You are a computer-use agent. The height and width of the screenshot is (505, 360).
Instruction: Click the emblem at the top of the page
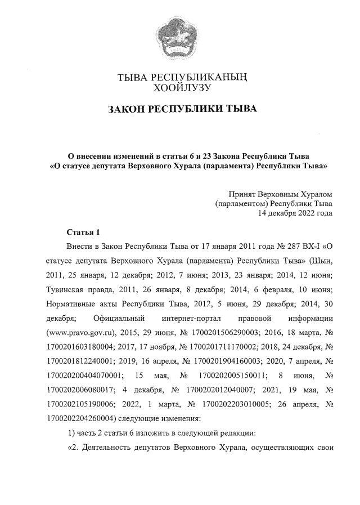click(179, 37)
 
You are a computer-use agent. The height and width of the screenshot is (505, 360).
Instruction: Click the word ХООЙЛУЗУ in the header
click(181, 87)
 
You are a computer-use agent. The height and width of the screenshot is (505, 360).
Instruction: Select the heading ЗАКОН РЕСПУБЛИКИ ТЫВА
click(181, 109)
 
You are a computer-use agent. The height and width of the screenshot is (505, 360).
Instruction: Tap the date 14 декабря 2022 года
click(295, 213)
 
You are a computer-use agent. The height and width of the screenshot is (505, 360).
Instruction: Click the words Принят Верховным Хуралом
click(280, 193)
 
